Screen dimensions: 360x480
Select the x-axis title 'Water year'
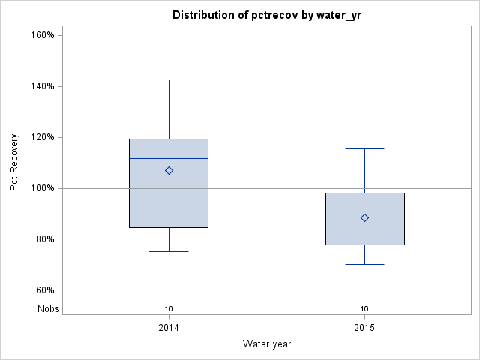click(266, 343)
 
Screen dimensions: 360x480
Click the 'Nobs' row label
click(48, 308)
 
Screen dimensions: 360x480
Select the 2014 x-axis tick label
click(169, 328)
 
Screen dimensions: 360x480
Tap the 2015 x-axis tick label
click(364, 328)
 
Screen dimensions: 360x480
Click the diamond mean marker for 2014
click(169, 170)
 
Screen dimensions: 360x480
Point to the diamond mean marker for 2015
click(364, 217)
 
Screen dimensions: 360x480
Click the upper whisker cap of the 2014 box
click(169, 79)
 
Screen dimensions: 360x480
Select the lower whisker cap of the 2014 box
click(169, 251)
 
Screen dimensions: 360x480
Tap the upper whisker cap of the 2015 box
click(364, 148)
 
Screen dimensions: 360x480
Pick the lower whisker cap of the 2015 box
click(364, 264)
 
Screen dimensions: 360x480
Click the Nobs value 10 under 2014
click(169, 308)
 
